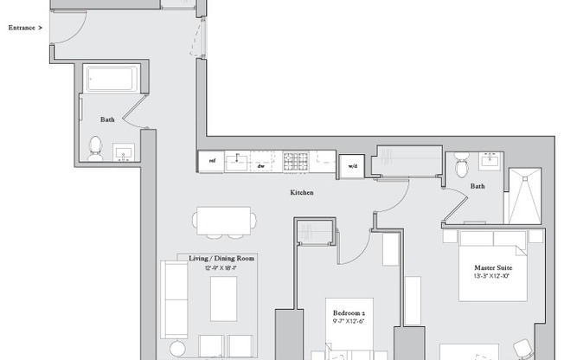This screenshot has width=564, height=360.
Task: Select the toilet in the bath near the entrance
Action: click(x=95, y=146)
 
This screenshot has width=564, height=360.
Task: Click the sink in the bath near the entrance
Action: click(x=124, y=154)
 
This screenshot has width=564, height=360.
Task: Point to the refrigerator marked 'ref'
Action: click(x=210, y=161)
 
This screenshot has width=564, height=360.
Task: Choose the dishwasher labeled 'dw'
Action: click(x=260, y=161)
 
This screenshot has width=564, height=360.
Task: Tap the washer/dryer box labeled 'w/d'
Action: click(x=353, y=164)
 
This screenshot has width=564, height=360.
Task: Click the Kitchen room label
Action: click(x=302, y=192)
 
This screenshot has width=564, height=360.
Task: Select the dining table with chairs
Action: click(x=224, y=222)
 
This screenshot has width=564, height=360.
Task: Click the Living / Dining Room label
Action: click(x=222, y=258)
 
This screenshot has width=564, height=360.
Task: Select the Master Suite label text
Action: click(x=493, y=267)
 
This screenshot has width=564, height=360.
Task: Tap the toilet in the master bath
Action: click(x=461, y=164)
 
